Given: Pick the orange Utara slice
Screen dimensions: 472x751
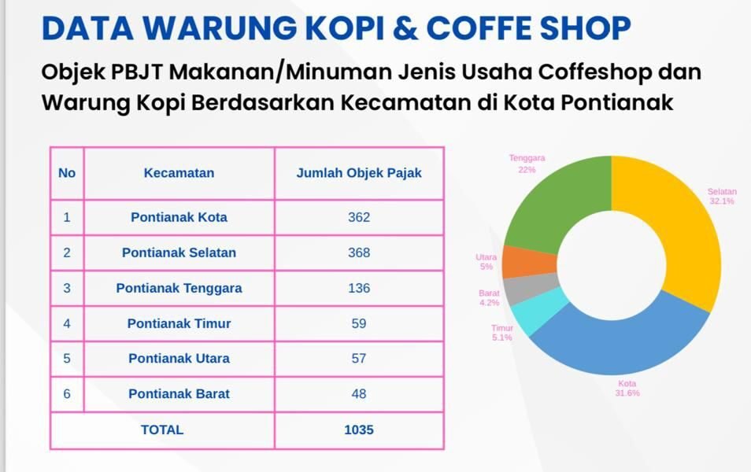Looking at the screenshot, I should click(x=520, y=262).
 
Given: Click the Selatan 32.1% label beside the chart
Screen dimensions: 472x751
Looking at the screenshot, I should click(x=721, y=196).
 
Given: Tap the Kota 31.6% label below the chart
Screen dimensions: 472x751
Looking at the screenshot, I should click(x=627, y=389).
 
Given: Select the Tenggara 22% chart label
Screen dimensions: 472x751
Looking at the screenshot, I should click(x=527, y=163).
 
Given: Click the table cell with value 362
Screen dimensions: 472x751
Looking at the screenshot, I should click(x=359, y=217).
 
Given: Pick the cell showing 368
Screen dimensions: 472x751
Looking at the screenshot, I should click(x=359, y=253).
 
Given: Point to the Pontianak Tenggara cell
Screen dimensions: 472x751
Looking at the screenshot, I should click(x=179, y=288).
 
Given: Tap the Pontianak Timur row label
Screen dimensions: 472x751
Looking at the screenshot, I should click(x=179, y=323).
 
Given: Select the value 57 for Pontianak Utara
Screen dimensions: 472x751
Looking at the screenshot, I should click(x=359, y=358).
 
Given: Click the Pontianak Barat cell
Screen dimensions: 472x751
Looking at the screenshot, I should click(x=179, y=393).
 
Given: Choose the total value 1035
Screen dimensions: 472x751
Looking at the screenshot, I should click(x=359, y=430).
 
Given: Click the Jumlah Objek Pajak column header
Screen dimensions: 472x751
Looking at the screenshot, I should click(x=359, y=173).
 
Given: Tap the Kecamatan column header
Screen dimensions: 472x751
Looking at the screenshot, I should click(x=179, y=173).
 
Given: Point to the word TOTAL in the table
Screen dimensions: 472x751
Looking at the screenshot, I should click(x=162, y=430).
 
